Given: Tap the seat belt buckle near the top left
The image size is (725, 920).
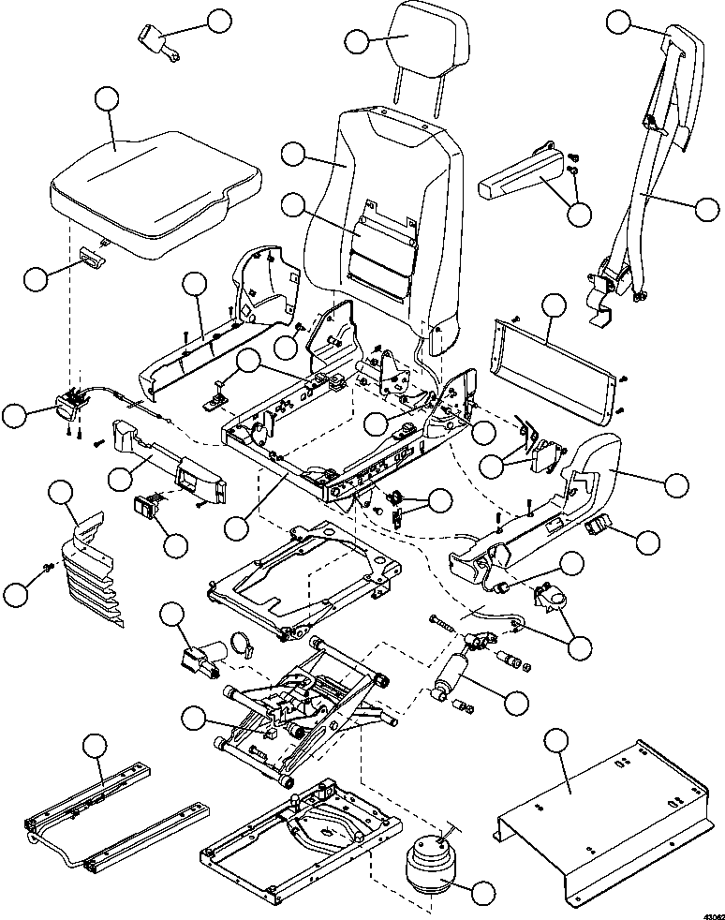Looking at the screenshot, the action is (x=158, y=43).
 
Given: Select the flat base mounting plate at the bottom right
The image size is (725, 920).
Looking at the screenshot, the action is (x=604, y=816).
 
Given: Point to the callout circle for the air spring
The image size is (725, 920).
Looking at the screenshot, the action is (x=483, y=893).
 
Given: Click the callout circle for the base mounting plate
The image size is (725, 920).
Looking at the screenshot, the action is (x=556, y=741).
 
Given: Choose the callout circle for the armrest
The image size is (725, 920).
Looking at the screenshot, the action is (x=580, y=215).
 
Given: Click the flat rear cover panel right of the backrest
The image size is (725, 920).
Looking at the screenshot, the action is (x=555, y=370).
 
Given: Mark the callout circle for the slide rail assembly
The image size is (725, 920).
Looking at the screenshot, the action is (x=95, y=745).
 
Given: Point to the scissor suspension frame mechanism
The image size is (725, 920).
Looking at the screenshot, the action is (x=305, y=710).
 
